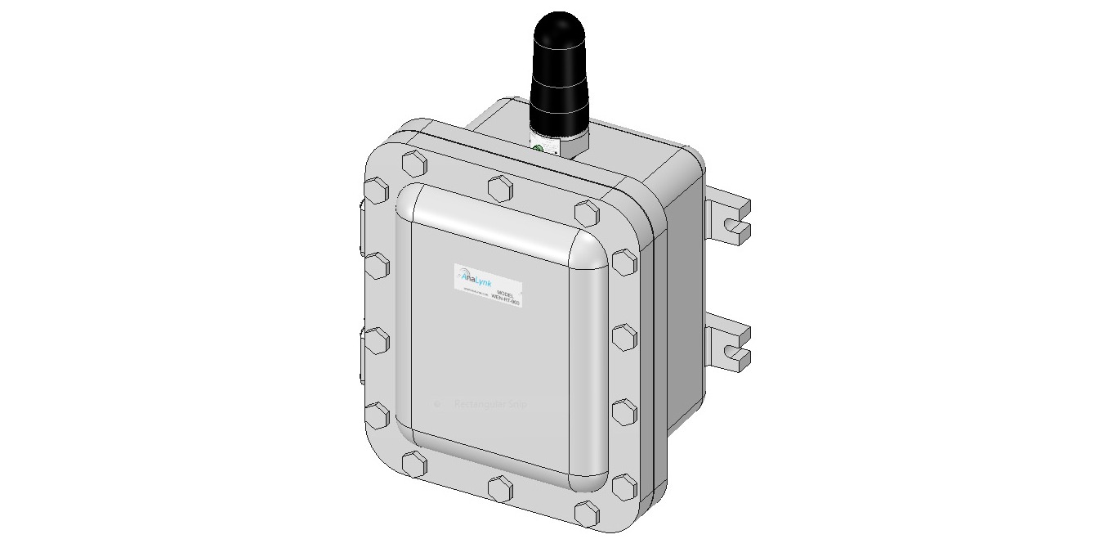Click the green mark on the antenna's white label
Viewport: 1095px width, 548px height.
click(x=539, y=148)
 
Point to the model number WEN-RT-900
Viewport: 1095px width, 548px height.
click(x=506, y=301)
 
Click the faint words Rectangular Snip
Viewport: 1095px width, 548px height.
click(x=490, y=404)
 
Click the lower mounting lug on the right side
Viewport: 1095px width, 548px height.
click(x=728, y=345)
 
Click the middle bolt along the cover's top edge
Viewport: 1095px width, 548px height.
click(x=499, y=187)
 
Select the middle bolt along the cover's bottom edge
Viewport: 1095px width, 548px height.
click(x=499, y=489)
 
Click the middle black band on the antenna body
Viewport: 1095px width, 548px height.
click(x=559, y=90)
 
